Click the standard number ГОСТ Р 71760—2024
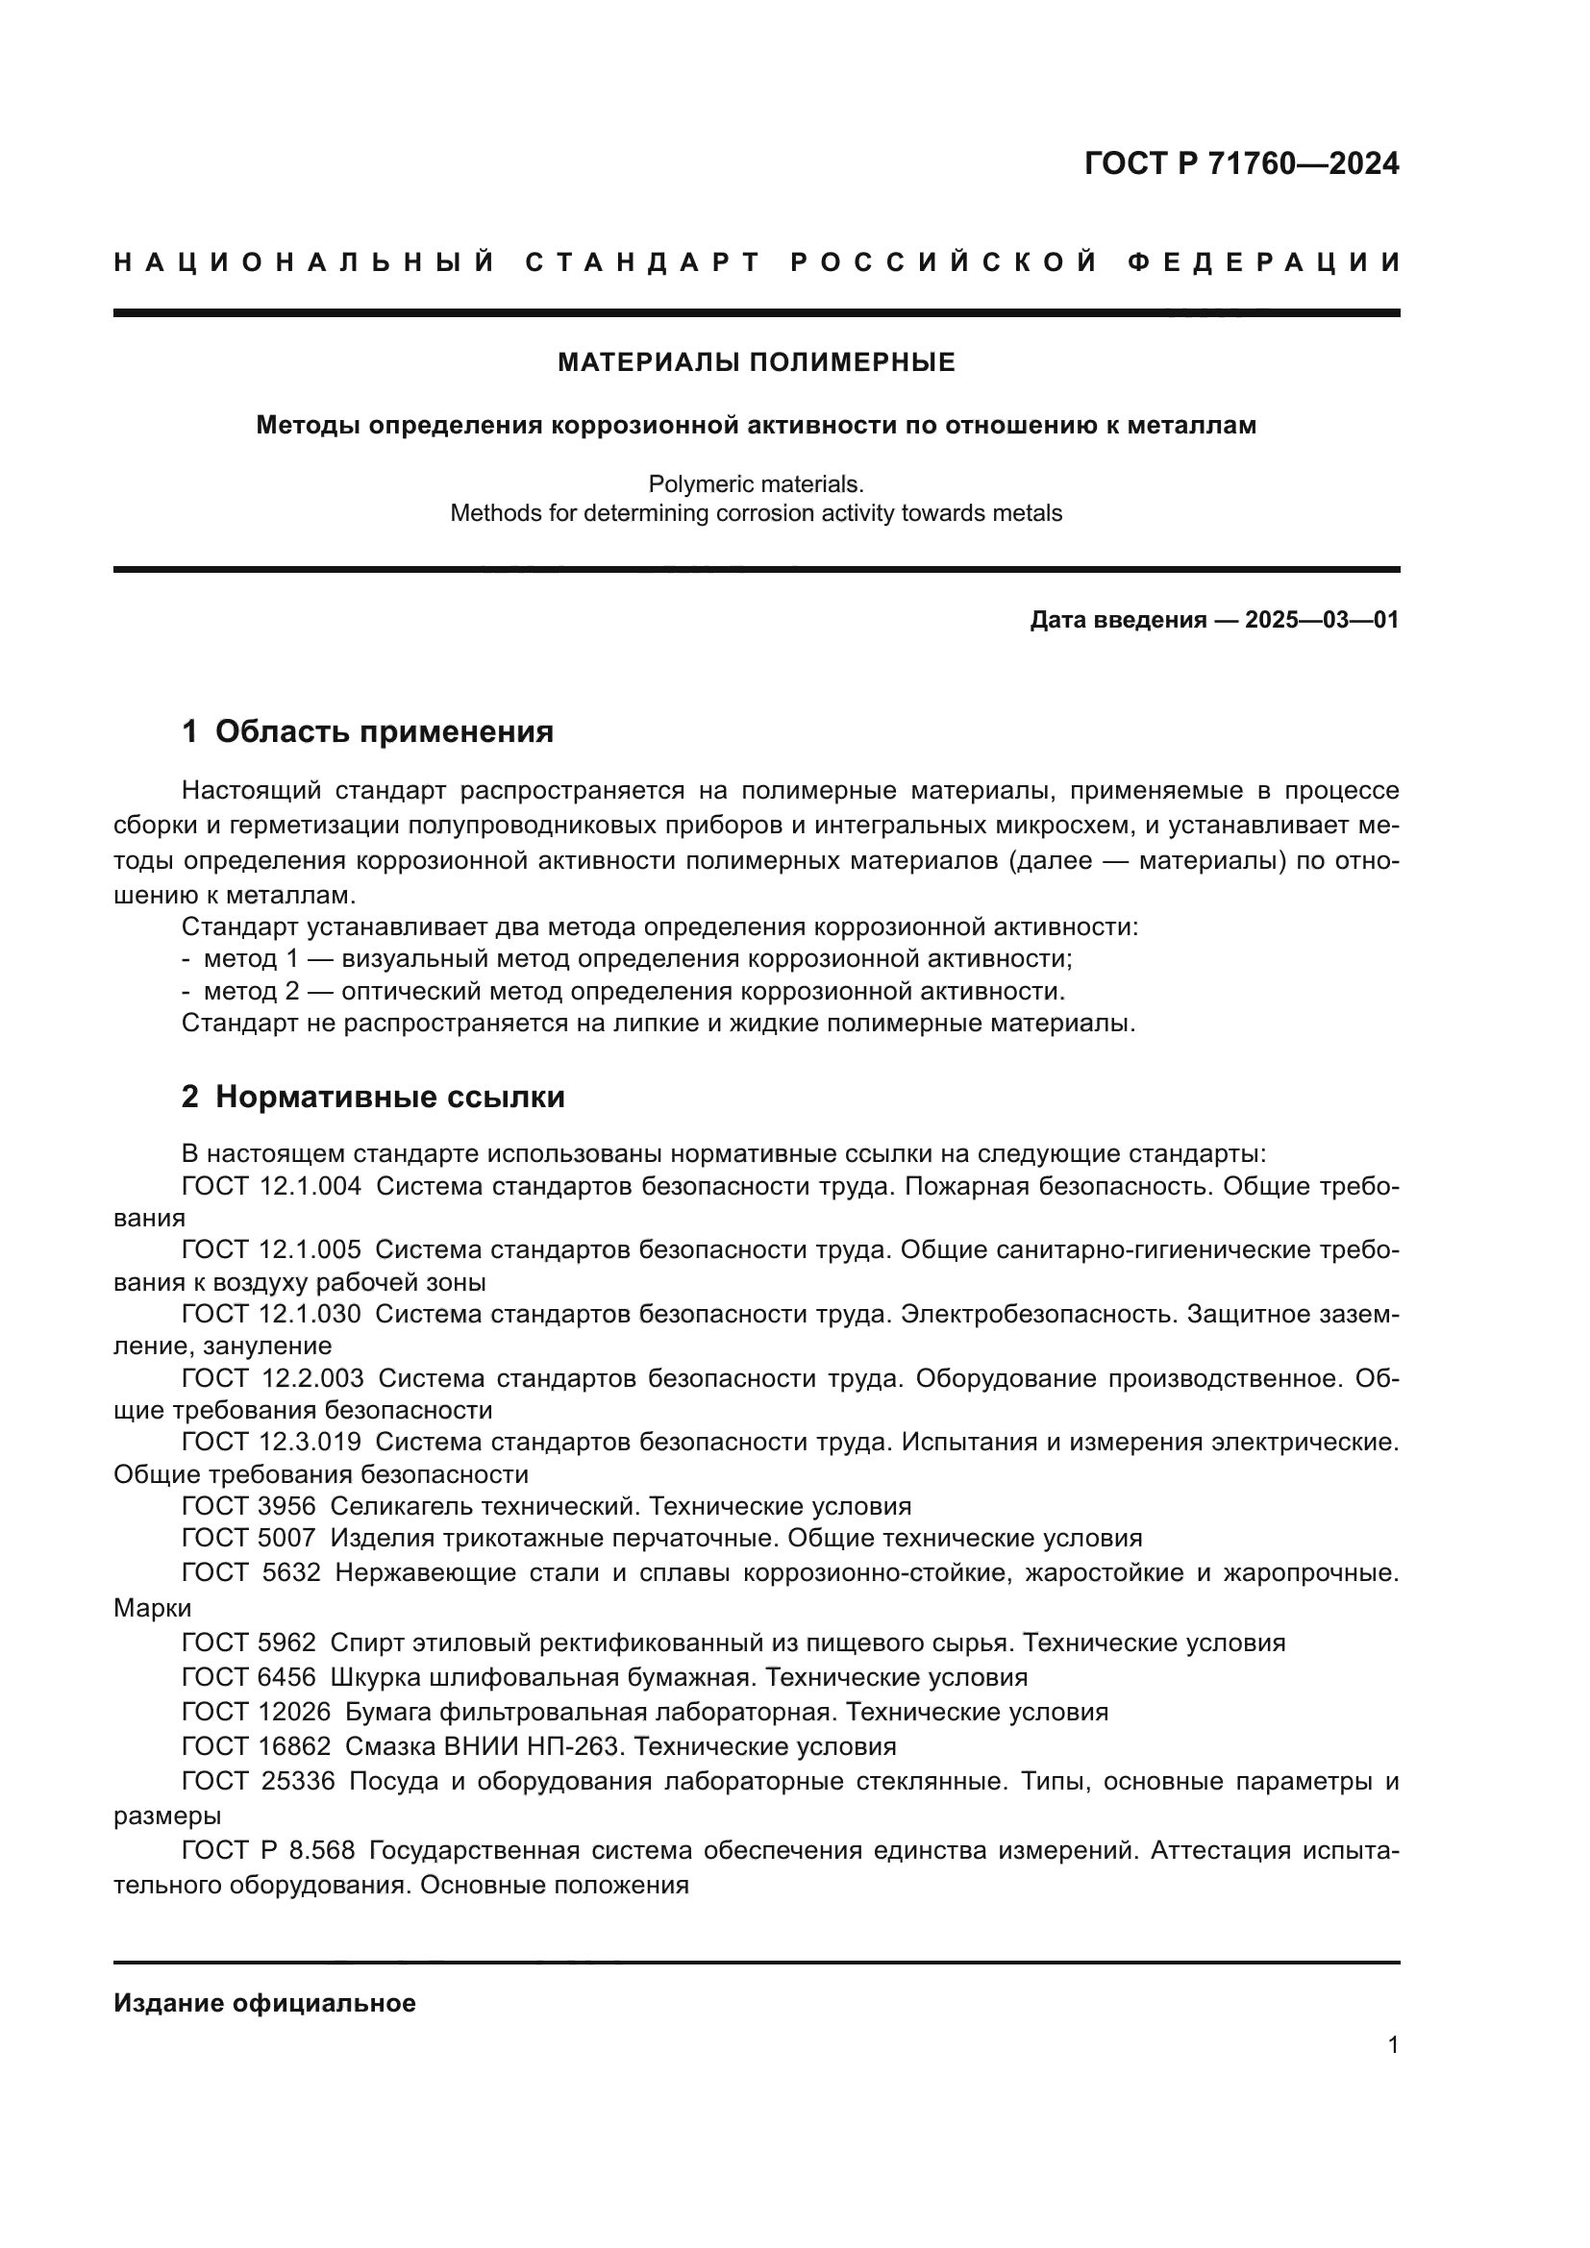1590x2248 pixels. pyautogui.click(x=1240, y=163)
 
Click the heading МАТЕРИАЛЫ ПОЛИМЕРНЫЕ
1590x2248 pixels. pyautogui.click(x=756, y=363)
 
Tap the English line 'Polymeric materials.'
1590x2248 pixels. pyautogui.click(x=756, y=483)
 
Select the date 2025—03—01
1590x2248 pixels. pyautogui.click(x=1322, y=620)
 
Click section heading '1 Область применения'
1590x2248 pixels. pyautogui.click(x=367, y=731)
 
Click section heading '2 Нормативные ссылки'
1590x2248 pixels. pyautogui.click(x=373, y=1098)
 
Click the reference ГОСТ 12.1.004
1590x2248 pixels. pyautogui.click(x=271, y=1187)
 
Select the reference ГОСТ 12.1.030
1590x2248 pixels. pyautogui.click(x=271, y=1314)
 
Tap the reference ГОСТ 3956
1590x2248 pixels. pyautogui.click(x=249, y=1506)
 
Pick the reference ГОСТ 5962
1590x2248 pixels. pyautogui.click(x=249, y=1642)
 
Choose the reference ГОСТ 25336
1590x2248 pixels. pyautogui.click(x=258, y=1781)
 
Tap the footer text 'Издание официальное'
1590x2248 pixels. pyautogui.click(x=264, y=2003)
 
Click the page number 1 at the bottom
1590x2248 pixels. pyautogui.click(x=1392, y=2044)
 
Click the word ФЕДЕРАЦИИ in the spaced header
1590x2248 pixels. pyautogui.click(x=1264, y=262)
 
